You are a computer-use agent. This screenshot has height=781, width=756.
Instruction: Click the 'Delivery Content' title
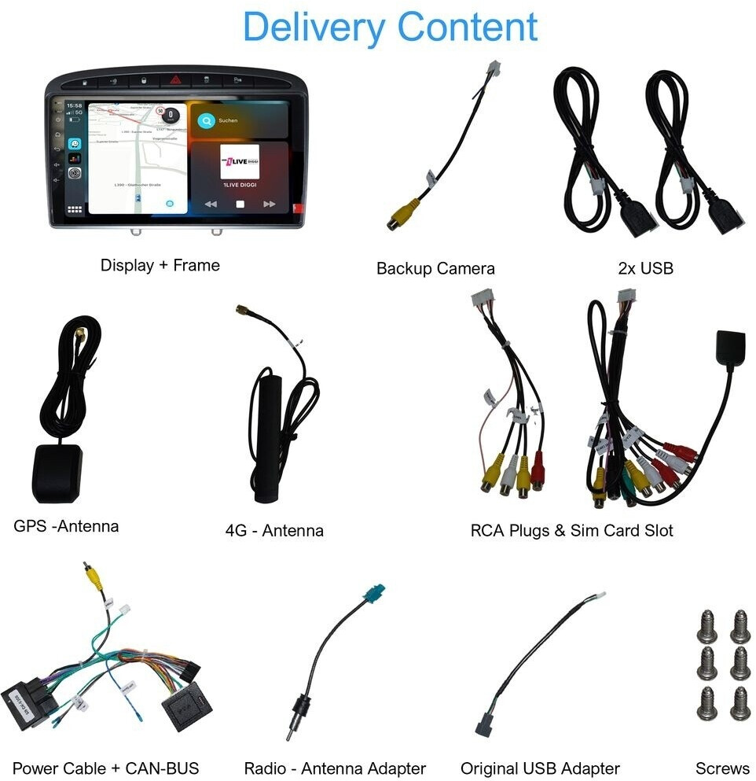tap(390, 27)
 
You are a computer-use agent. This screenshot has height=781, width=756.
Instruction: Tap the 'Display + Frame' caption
tap(160, 266)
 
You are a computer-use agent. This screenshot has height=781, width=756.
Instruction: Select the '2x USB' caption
tap(645, 269)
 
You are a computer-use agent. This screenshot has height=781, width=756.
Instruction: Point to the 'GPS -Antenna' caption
tap(66, 526)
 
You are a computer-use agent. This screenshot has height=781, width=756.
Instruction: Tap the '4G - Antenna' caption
tap(274, 531)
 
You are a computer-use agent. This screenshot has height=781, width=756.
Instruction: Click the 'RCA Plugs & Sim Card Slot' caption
tap(571, 531)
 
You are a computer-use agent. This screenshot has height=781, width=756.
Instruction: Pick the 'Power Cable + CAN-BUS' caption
tap(106, 768)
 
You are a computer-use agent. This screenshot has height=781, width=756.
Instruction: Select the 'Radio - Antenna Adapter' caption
tap(335, 768)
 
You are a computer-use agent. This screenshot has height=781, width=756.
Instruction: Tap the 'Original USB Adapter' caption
tap(540, 768)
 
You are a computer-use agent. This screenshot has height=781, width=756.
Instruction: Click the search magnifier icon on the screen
tap(206, 121)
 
